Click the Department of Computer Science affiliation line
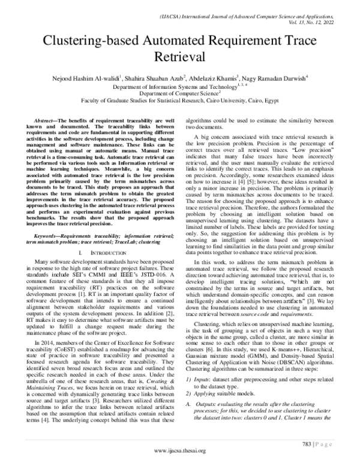(x=179, y=94)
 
